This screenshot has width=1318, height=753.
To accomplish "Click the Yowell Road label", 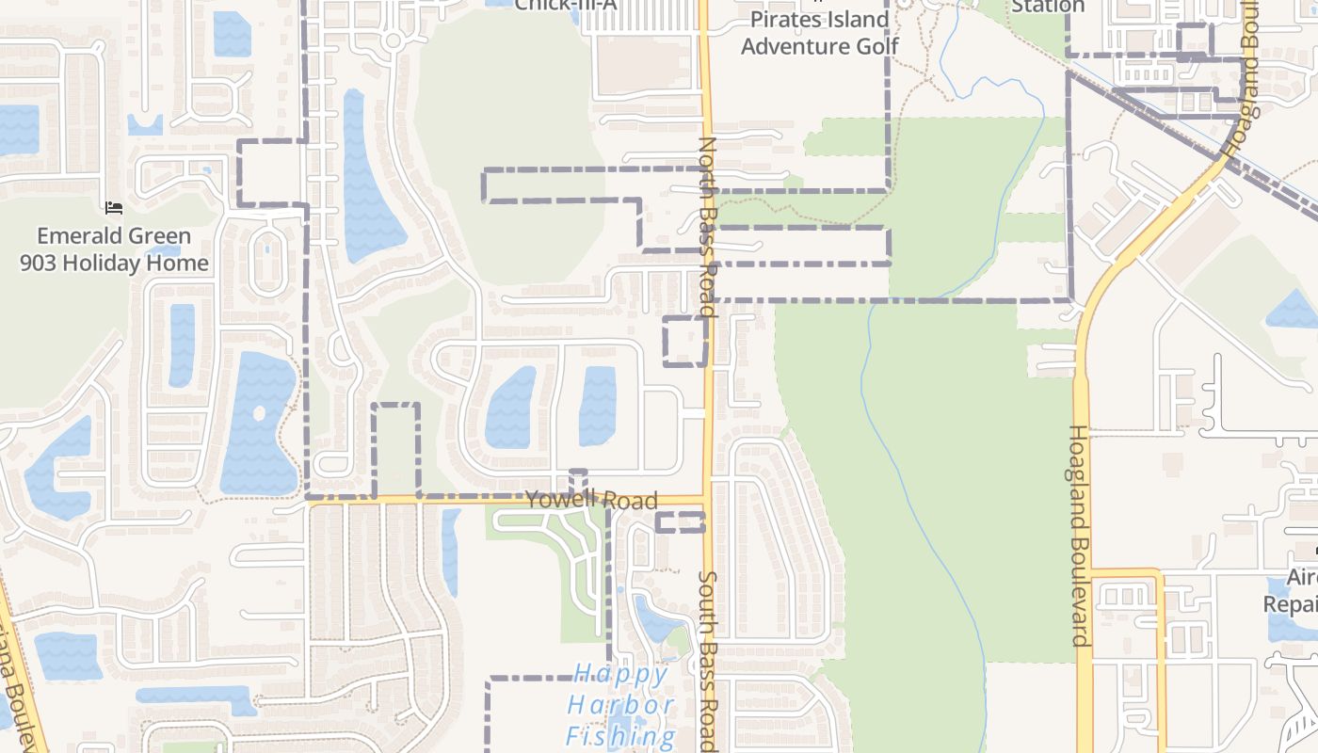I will [x=591, y=500].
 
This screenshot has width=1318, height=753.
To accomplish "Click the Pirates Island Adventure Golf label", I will [x=819, y=32].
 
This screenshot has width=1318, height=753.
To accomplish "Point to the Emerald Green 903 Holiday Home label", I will [x=114, y=249].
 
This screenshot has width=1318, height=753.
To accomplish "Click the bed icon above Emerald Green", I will [x=114, y=208].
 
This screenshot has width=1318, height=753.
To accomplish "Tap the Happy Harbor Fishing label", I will [x=621, y=705].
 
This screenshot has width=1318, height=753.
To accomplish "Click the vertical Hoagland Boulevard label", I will [x=1080, y=535].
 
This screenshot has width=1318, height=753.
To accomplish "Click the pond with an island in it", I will [x=258, y=422].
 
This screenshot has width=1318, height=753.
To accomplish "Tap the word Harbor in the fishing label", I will [x=621, y=705].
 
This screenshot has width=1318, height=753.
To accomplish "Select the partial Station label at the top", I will [x=1048, y=6].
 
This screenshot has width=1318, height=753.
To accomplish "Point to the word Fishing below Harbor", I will [x=621, y=736].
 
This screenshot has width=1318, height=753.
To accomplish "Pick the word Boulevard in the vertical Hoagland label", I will [x=1080, y=588].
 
